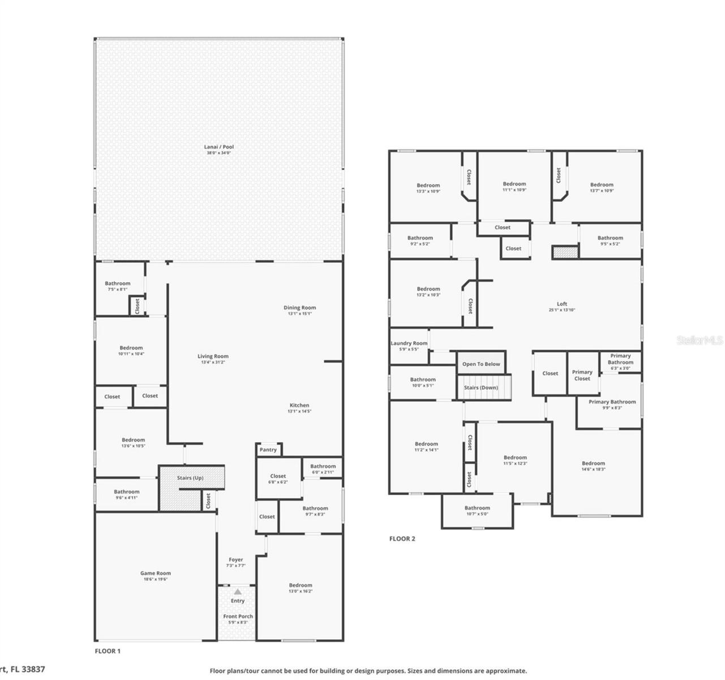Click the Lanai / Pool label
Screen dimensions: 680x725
click(218, 147)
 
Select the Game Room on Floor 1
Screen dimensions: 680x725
click(155, 573)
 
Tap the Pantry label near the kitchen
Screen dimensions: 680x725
click(268, 450)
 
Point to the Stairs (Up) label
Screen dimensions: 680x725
click(190, 478)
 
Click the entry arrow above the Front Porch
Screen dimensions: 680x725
click(238, 592)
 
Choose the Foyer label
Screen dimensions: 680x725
click(236, 560)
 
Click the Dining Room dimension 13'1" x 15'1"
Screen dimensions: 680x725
click(299, 314)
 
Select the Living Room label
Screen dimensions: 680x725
click(213, 356)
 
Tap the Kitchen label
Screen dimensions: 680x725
click(299, 405)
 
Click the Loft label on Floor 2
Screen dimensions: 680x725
click(561, 304)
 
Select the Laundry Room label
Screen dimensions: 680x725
click(409, 343)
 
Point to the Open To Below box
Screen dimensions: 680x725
click(481, 364)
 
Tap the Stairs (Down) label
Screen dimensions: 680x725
click(481, 388)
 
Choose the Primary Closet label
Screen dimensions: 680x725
click(582, 375)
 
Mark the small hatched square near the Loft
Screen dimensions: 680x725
click(565, 252)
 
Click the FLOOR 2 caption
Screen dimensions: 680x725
click(402, 539)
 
